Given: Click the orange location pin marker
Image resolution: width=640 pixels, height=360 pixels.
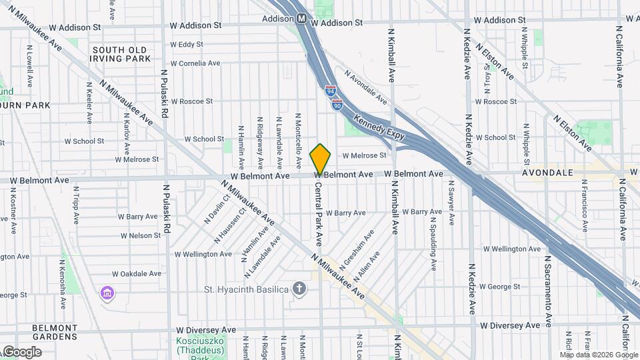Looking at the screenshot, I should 320,159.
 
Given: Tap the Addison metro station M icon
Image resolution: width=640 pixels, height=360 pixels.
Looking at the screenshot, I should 301,19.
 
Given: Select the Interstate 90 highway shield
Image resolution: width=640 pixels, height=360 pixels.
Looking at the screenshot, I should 337,104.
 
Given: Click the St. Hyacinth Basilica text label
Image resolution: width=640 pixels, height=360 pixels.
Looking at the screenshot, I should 246,289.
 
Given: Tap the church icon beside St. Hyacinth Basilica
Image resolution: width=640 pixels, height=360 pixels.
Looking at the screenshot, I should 299,289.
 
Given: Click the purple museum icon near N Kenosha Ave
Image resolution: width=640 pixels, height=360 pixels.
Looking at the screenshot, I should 106,293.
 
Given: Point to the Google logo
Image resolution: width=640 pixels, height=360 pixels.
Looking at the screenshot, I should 21,352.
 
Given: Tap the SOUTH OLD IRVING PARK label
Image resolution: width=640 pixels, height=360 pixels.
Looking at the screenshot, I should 121,54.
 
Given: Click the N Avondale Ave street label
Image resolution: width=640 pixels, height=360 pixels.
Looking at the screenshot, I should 365,87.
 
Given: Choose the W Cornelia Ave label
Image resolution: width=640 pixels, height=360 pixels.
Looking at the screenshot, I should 195,63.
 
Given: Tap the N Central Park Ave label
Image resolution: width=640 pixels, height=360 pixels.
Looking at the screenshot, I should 319,211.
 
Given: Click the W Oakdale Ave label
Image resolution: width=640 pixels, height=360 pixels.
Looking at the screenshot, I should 137,273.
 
